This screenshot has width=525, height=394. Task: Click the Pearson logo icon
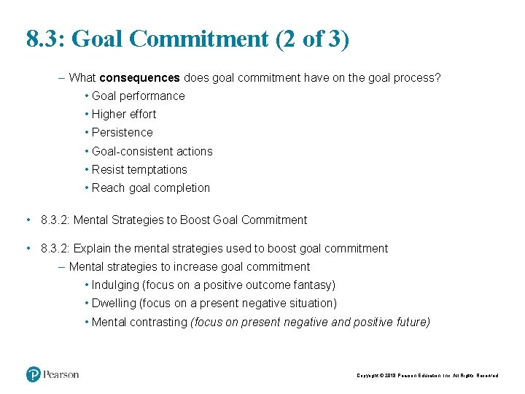pyautogui.click(x=34, y=374)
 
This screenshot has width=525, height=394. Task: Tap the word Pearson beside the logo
pyautogui.click(x=61, y=374)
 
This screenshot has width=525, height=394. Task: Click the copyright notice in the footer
pyautogui.click(x=427, y=375)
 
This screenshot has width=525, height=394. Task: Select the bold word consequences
pyautogui.click(x=140, y=77)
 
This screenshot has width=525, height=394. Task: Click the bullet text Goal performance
pyautogui.click(x=138, y=96)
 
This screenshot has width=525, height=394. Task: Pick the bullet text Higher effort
pyautogui.click(x=123, y=114)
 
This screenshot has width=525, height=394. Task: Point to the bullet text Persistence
pyautogui.click(x=122, y=132)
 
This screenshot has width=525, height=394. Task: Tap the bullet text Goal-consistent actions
pyautogui.click(x=152, y=151)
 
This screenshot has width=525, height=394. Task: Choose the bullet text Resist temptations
pyautogui.click(x=139, y=169)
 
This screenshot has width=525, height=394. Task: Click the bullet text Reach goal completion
pyautogui.click(x=150, y=188)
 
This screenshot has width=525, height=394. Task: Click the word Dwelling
pyautogui.click(x=114, y=303)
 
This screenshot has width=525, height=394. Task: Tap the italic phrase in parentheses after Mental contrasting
pyautogui.click(x=310, y=322)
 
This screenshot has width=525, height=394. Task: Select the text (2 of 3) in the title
pyautogui.click(x=313, y=39)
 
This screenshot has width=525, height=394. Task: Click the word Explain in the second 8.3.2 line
pyautogui.click(x=93, y=248)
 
